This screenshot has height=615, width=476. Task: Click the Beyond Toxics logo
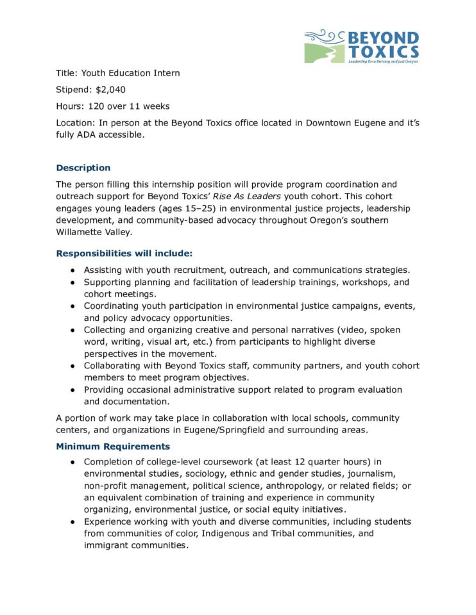pos(362,46)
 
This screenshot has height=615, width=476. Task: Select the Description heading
pos(83,168)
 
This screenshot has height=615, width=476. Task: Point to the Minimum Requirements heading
pos(113,446)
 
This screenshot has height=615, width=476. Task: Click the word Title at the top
pos(66,73)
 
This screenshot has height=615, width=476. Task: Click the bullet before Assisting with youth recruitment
pos(74,270)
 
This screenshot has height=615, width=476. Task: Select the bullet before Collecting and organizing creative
pos(74,330)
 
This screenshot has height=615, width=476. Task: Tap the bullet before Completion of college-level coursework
pos(74,462)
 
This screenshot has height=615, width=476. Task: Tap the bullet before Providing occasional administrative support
pos(74,389)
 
